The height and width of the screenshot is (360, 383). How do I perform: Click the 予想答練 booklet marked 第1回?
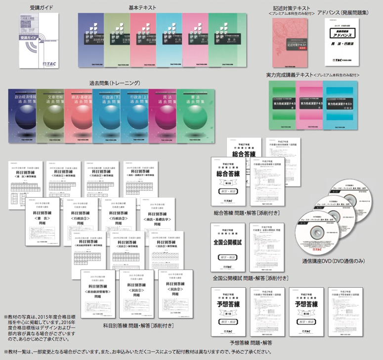228,312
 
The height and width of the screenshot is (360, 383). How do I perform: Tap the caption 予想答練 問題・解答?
251,342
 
